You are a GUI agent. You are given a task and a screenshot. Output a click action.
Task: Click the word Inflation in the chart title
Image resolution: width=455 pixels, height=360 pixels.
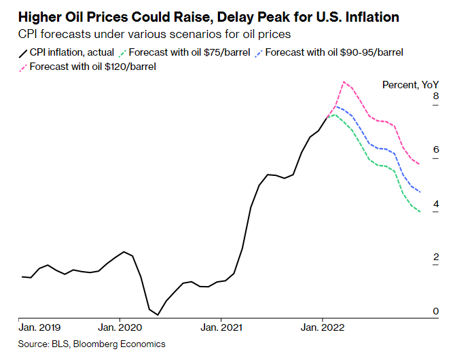click(x=366, y=16)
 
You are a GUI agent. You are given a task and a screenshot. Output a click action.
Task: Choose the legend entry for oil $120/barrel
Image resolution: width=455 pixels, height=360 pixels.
click(x=88, y=67)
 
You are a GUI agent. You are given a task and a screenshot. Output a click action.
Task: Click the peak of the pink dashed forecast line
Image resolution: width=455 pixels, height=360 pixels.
click(x=345, y=82)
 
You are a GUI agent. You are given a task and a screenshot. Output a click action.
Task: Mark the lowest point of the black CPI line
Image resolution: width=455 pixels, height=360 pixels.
click(x=158, y=315)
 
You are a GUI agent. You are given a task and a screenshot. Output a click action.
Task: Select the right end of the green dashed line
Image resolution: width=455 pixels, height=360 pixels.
click(x=421, y=213)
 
